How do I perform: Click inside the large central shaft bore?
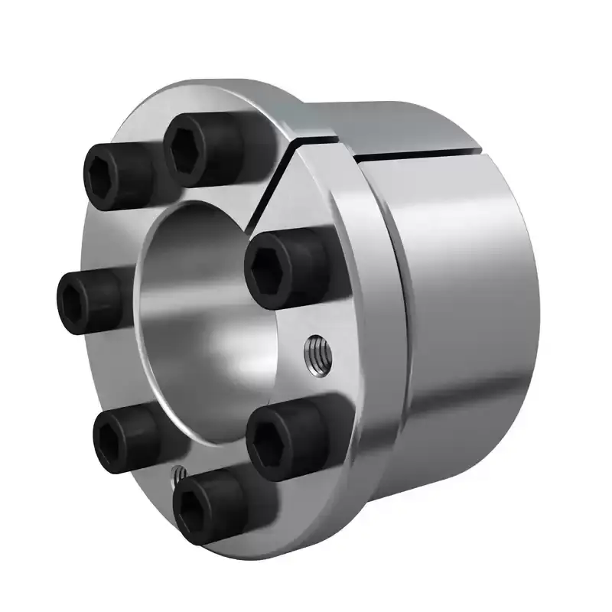tap(191, 321)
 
